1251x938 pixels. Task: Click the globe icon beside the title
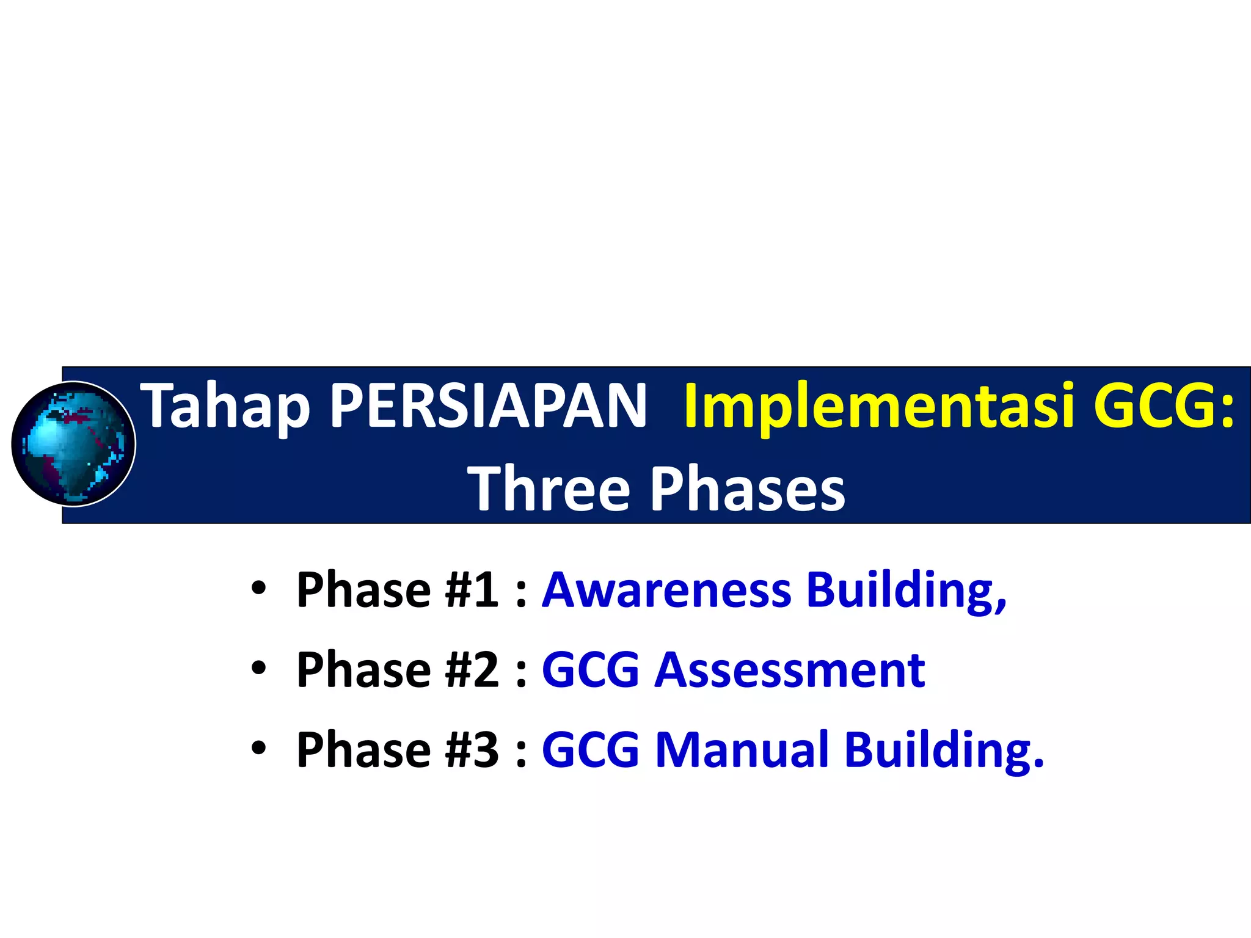pos(73,444)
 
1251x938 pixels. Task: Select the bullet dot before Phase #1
pos(258,589)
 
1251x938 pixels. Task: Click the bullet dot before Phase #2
pos(258,669)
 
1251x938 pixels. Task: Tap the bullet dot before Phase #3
pos(258,749)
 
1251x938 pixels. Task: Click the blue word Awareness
pos(667,590)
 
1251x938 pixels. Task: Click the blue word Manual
pos(742,750)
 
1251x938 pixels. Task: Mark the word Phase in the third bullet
pos(363,750)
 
